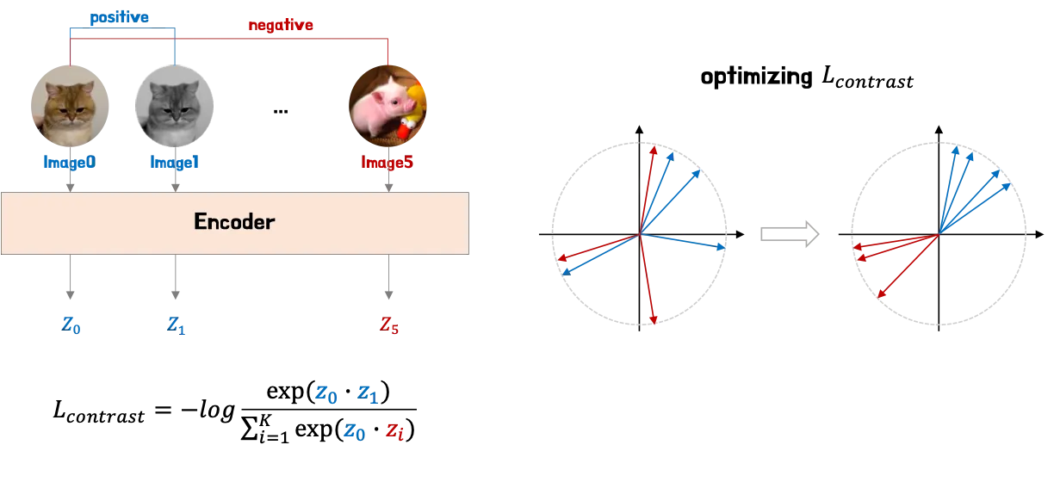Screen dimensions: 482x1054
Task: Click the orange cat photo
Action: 69,108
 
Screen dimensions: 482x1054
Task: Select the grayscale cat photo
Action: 174,108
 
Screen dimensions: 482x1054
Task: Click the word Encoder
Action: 234,221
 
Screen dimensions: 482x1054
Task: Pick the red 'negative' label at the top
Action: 281,26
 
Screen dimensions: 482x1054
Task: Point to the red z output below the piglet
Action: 389,326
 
